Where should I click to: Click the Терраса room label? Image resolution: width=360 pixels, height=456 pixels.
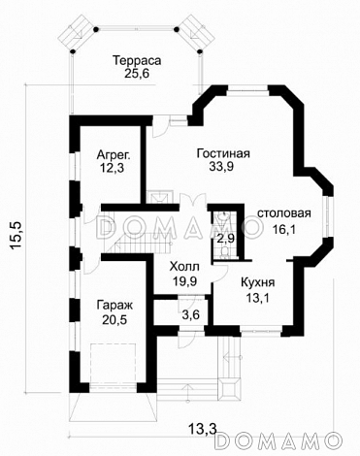tap(135, 60)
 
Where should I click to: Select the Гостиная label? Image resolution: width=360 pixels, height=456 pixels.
tap(222, 152)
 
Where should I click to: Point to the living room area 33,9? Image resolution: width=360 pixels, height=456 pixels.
tap(222, 168)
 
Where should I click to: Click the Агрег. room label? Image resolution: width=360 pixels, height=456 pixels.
tap(114, 154)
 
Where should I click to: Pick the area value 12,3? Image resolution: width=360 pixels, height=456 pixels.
tap(114, 170)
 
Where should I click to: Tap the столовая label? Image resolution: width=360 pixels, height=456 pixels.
tap(284, 213)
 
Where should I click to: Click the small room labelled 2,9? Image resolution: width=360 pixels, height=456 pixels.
tap(225, 237)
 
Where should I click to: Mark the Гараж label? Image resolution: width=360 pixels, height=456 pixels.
tap(115, 305)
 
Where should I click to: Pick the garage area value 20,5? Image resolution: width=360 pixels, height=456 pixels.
tap(115, 320)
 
